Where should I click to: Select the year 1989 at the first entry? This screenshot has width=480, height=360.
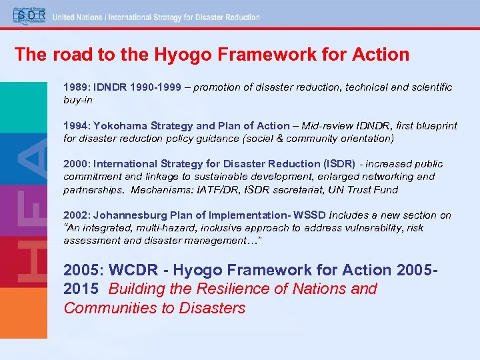[x=74, y=87]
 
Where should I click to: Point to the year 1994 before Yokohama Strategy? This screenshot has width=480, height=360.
[x=74, y=126]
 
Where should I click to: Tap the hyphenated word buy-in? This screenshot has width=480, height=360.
[x=78, y=100]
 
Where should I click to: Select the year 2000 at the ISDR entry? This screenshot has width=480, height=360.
[x=74, y=164]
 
